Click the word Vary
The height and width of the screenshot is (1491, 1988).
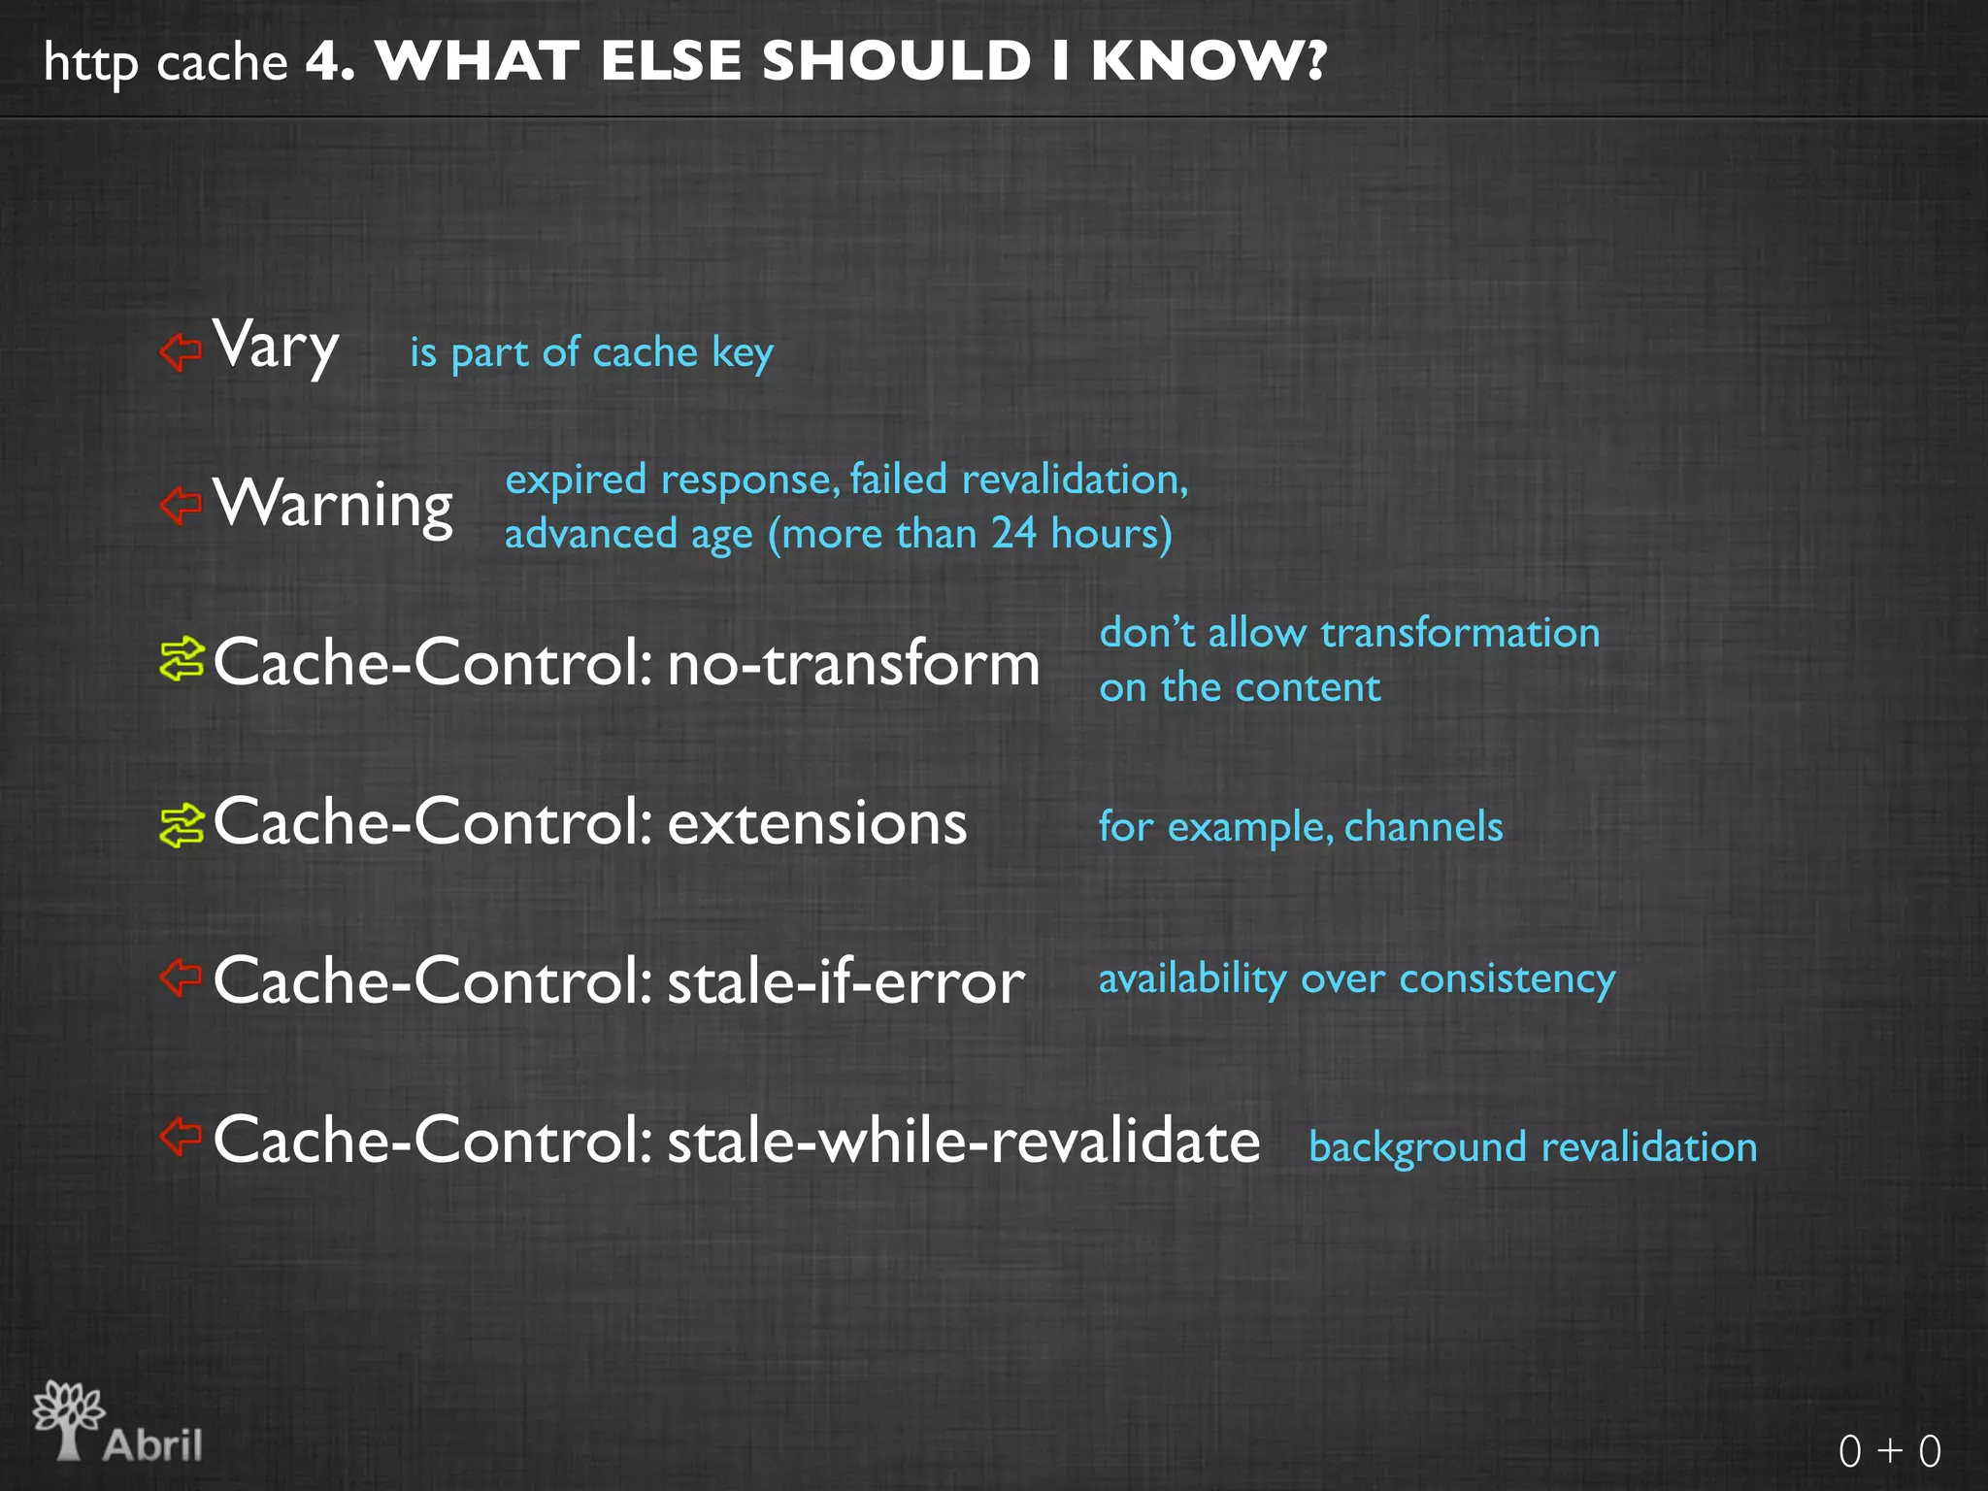[x=276, y=346]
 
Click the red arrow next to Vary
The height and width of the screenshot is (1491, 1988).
[x=181, y=351]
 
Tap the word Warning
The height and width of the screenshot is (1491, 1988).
[x=333, y=504]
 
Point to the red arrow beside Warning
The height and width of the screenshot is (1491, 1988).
[x=181, y=505]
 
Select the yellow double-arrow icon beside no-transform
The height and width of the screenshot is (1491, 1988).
[x=182, y=660]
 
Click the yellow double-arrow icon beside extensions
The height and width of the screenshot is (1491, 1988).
[x=182, y=825]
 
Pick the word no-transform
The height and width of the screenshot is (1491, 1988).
[x=853, y=665]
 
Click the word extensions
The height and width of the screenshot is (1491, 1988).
[x=817, y=824]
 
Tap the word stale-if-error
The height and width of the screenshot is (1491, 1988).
[x=845, y=981]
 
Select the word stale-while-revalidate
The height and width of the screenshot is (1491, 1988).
[x=963, y=1141]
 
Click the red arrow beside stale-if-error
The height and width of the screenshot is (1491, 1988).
[x=181, y=977]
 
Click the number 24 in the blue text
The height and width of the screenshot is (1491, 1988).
[x=1013, y=533]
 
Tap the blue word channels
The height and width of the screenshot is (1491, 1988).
[x=1423, y=827]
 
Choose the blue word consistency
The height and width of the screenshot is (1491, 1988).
[x=1507, y=978]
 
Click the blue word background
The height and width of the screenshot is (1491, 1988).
[x=1417, y=1148]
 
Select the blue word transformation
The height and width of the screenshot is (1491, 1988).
[x=1460, y=633]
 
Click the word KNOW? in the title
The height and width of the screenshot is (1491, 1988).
[x=1208, y=61]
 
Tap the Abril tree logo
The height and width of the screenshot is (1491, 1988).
[x=69, y=1419]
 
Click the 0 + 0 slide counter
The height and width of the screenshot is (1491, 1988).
[x=1889, y=1451]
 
